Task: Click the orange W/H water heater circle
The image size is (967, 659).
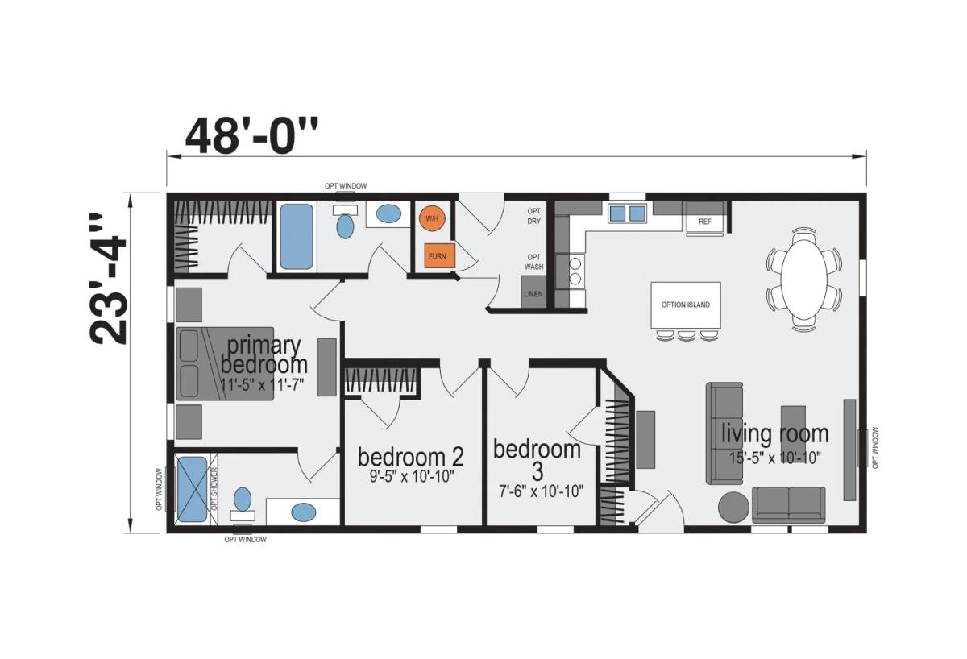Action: point(432,218)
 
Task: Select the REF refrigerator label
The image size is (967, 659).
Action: point(705,222)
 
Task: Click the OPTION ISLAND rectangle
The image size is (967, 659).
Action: point(686,305)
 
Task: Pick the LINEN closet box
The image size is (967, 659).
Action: point(533,292)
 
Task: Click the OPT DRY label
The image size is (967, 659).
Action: point(534,216)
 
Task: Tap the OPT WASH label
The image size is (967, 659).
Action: point(534,262)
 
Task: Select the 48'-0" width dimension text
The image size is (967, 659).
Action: point(251,136)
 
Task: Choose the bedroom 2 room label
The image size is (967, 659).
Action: point(411,458)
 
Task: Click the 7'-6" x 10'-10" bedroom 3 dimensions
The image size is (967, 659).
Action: point(542,491)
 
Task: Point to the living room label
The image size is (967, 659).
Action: point(775,433)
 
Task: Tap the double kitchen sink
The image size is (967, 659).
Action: point(627,213)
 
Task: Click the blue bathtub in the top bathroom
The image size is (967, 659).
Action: point(297,237)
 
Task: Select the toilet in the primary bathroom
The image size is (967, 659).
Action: point(243,504)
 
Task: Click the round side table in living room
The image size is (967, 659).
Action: point(734,508)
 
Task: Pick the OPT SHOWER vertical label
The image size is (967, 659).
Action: point(213,488)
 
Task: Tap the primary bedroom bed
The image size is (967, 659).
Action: point(225,364)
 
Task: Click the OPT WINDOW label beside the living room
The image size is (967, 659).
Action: point(875,448)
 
